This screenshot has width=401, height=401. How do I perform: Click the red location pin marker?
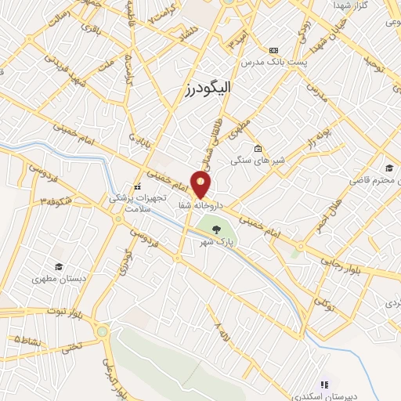click(201, 185)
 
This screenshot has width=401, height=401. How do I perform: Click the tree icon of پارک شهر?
click(215, 229)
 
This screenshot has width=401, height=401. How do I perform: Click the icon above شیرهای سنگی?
click(258, 148)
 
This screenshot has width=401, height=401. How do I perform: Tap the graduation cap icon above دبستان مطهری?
click(56, 266)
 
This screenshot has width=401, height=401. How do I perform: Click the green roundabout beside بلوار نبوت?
click(102, 331)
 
